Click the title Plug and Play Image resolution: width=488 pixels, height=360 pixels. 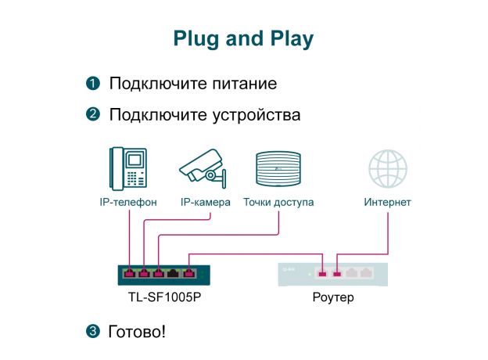243,39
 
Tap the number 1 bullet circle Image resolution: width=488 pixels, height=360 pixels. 92,83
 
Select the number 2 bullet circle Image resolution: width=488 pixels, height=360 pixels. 92,115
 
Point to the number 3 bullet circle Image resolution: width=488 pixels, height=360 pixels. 92,332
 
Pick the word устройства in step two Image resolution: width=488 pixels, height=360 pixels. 255,115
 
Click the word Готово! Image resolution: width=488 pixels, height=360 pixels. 137,332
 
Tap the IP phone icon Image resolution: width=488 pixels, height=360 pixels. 128,167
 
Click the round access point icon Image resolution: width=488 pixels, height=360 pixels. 278,167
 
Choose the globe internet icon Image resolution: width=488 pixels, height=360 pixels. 388,168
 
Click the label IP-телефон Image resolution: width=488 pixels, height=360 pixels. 128,203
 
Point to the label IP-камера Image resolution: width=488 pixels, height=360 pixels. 205,203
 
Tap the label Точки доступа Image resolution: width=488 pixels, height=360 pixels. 278,203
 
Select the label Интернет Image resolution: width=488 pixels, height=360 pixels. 388,203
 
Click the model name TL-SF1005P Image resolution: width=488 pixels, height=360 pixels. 159,297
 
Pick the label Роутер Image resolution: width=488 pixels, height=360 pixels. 333,297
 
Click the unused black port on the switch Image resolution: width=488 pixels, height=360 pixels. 174,274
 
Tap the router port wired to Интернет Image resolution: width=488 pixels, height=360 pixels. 338,274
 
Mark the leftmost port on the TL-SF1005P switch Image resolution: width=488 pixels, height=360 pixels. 129,274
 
